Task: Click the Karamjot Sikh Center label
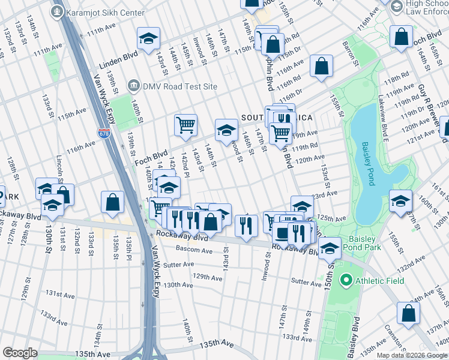click(106, 13)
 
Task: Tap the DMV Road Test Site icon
click(133, 86)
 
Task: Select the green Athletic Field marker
click(345, 280)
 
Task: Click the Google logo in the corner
click(20, 352)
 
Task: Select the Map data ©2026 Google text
click(412, 355)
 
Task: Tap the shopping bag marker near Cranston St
click(408, 313)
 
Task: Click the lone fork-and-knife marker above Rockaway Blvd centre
click(246, 226)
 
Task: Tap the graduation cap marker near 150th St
click(330, 248)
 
